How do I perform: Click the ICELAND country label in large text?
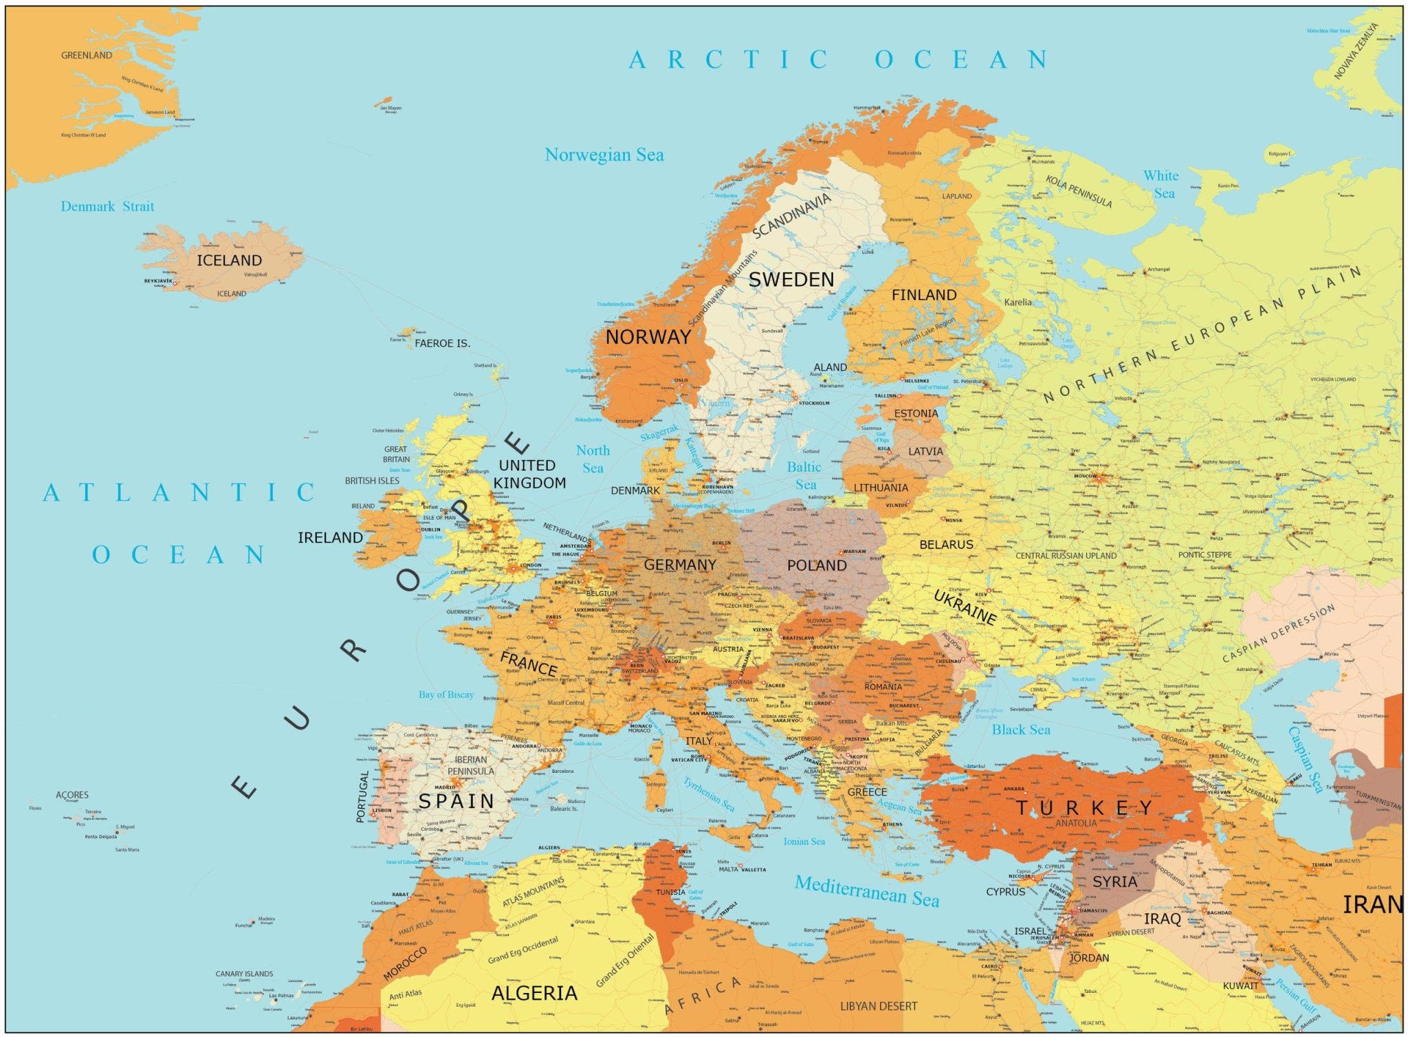[x=229, y=260]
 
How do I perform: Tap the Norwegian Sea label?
[x=604, y=155]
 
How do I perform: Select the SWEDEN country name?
[x=791, y=279]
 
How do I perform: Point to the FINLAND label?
[x=923, y=295]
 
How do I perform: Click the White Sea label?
[x=1161, y=184]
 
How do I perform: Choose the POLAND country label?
[x=816, y=565]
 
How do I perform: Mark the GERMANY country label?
[x=679, y=565]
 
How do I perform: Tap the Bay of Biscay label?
[x=446, y=695]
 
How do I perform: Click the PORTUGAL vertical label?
[x=362, y=796]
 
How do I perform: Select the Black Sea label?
[x=1020, y=730]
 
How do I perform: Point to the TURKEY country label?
[x=1084, y=807]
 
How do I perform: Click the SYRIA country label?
[x=1114, y=882]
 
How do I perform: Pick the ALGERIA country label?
[x=534, y=993]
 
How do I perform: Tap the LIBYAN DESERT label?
[x=878, y=1006]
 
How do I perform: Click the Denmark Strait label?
[x=107, y=206]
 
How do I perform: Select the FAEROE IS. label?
[x=442, y=343]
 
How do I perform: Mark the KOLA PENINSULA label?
[x=1078, y=190]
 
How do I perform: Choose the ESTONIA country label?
[x=915, y=413]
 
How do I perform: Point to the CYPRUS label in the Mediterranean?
[x=1005, y=891]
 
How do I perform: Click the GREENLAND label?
[x=87, y=55]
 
